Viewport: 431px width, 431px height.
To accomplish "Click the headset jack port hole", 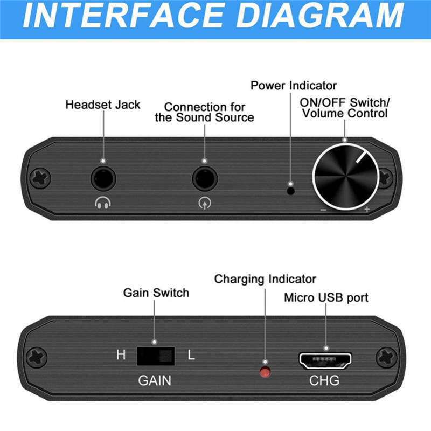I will [x=102, y=178].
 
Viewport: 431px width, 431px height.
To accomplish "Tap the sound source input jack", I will [x=204, y=178].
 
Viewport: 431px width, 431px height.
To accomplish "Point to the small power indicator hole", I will [x=291, y=190].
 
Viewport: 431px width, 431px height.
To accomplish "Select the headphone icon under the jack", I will [x=102, y=204].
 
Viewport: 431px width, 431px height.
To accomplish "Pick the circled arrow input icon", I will [x=204, y=204].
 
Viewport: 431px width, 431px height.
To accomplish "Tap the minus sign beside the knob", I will [x=323, y=210].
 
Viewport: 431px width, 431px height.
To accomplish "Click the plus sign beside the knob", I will [x=367, y=210].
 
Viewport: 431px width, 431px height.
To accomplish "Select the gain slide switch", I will [x=156, y=356].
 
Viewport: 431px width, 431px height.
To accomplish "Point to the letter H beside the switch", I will [x=121, y=356].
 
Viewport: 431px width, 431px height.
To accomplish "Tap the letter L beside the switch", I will [x=191, y=356].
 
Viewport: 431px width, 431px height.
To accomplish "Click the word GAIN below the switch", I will [x=155, y=380].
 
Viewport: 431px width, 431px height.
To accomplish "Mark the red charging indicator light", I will [x=265, y=371].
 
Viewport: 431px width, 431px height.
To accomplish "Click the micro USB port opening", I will [x=325, y=360].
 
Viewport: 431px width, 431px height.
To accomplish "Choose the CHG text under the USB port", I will [x=324, y=380].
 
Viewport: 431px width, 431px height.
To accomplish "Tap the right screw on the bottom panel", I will [x=386, y=357].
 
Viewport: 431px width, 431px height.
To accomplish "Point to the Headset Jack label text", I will [x=102, y=104].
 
